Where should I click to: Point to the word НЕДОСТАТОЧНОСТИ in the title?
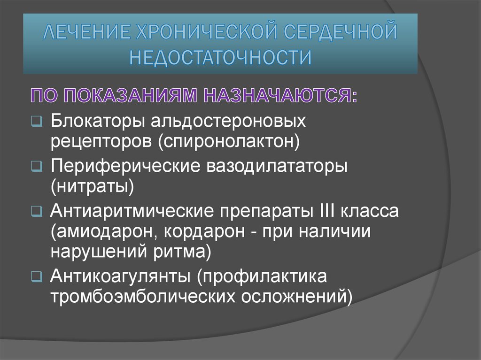pos(220,58)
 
